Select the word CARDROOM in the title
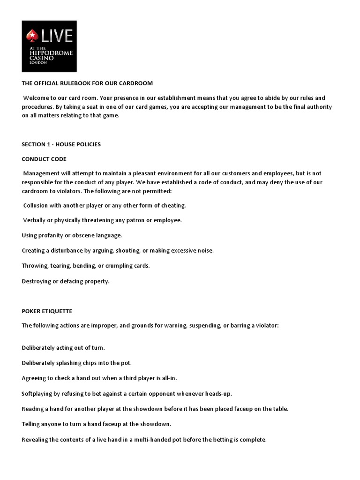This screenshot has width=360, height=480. click(138, 83)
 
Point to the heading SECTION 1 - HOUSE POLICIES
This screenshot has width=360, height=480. click(61, 144)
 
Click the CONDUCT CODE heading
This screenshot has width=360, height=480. click(44, 159)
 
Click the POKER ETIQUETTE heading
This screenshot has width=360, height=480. click(47, 311)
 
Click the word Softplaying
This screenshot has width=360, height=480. click(39, 393)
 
